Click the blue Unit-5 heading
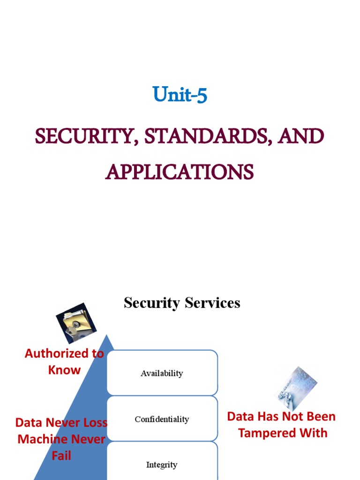pyautogui.click(x=180, y=95)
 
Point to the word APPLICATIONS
pyautogui.click(x=180, y=172)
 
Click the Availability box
pyautogui.click(x=162, y=373)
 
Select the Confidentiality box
pyautogui.click(x=162, y=419)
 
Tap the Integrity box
pyautogui.click(x=162, y=464)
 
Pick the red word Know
pyautogui.click(x=64, y=370)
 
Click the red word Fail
pyautogui.click(x=61, y=455)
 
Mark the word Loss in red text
pyautogui.click(x=95, y=423)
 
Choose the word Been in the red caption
pyautogui.click(x=321, y=417)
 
